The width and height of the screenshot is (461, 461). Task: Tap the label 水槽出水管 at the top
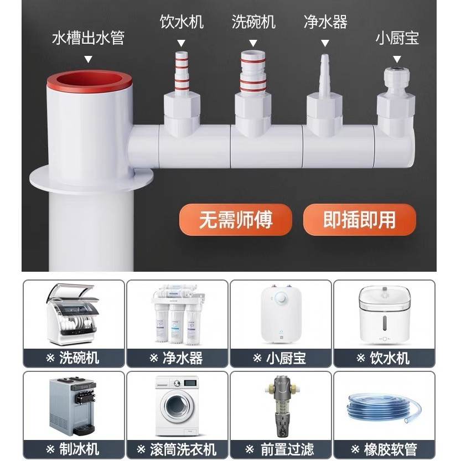[88, 38]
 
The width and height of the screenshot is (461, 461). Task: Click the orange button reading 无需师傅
[236, 220]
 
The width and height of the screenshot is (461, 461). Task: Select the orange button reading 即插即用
[359, 220]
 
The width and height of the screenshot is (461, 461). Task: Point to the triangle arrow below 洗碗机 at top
[253, 43]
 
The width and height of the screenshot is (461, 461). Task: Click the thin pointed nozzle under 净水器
[324, 74]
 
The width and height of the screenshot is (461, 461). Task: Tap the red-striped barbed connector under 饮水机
[182, 72]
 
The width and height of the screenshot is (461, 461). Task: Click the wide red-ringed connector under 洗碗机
[253, 72]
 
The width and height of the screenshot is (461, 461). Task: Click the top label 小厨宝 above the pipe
[397, 38]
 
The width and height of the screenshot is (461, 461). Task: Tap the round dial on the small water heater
[281, 298]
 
